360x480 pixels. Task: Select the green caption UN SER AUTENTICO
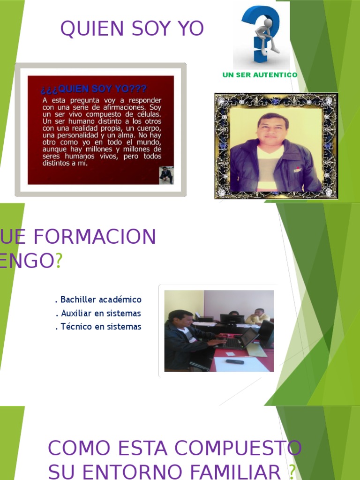click(x=260, y=75)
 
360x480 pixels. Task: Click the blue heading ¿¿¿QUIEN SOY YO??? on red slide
click(x=94, y=89)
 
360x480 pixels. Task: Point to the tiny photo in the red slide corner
click(x=166, y=175)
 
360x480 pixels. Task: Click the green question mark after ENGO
click(x=59, y=261)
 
